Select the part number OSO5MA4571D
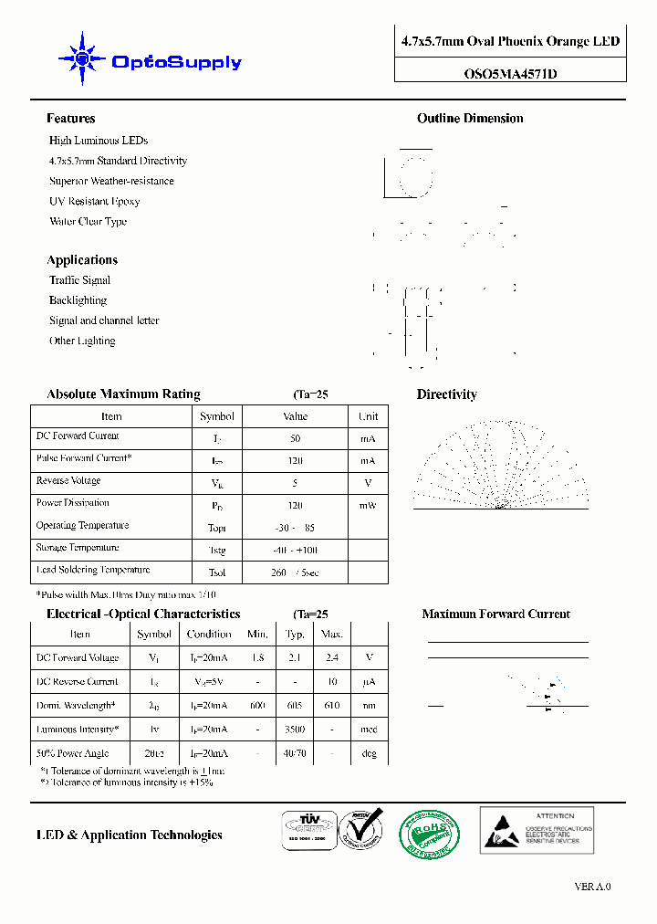[510, 74]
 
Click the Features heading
[70, 119]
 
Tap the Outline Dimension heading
[470, 119]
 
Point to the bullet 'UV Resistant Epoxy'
[95, 201]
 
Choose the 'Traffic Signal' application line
[79, 280]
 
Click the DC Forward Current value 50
[295, 438]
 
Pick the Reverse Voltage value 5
[295, 483]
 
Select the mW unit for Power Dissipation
[368, 505]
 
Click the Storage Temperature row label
[78, 548]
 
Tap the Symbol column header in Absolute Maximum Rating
[217, 416]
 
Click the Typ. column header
[295, 635]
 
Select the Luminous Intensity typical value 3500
[295, 730]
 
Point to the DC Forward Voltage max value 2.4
[332, 658]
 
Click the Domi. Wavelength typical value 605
[295, 706]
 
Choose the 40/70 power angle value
[295, 754]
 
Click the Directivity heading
[446, 394]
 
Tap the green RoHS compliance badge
[429, 833]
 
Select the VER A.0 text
[592, 887]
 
